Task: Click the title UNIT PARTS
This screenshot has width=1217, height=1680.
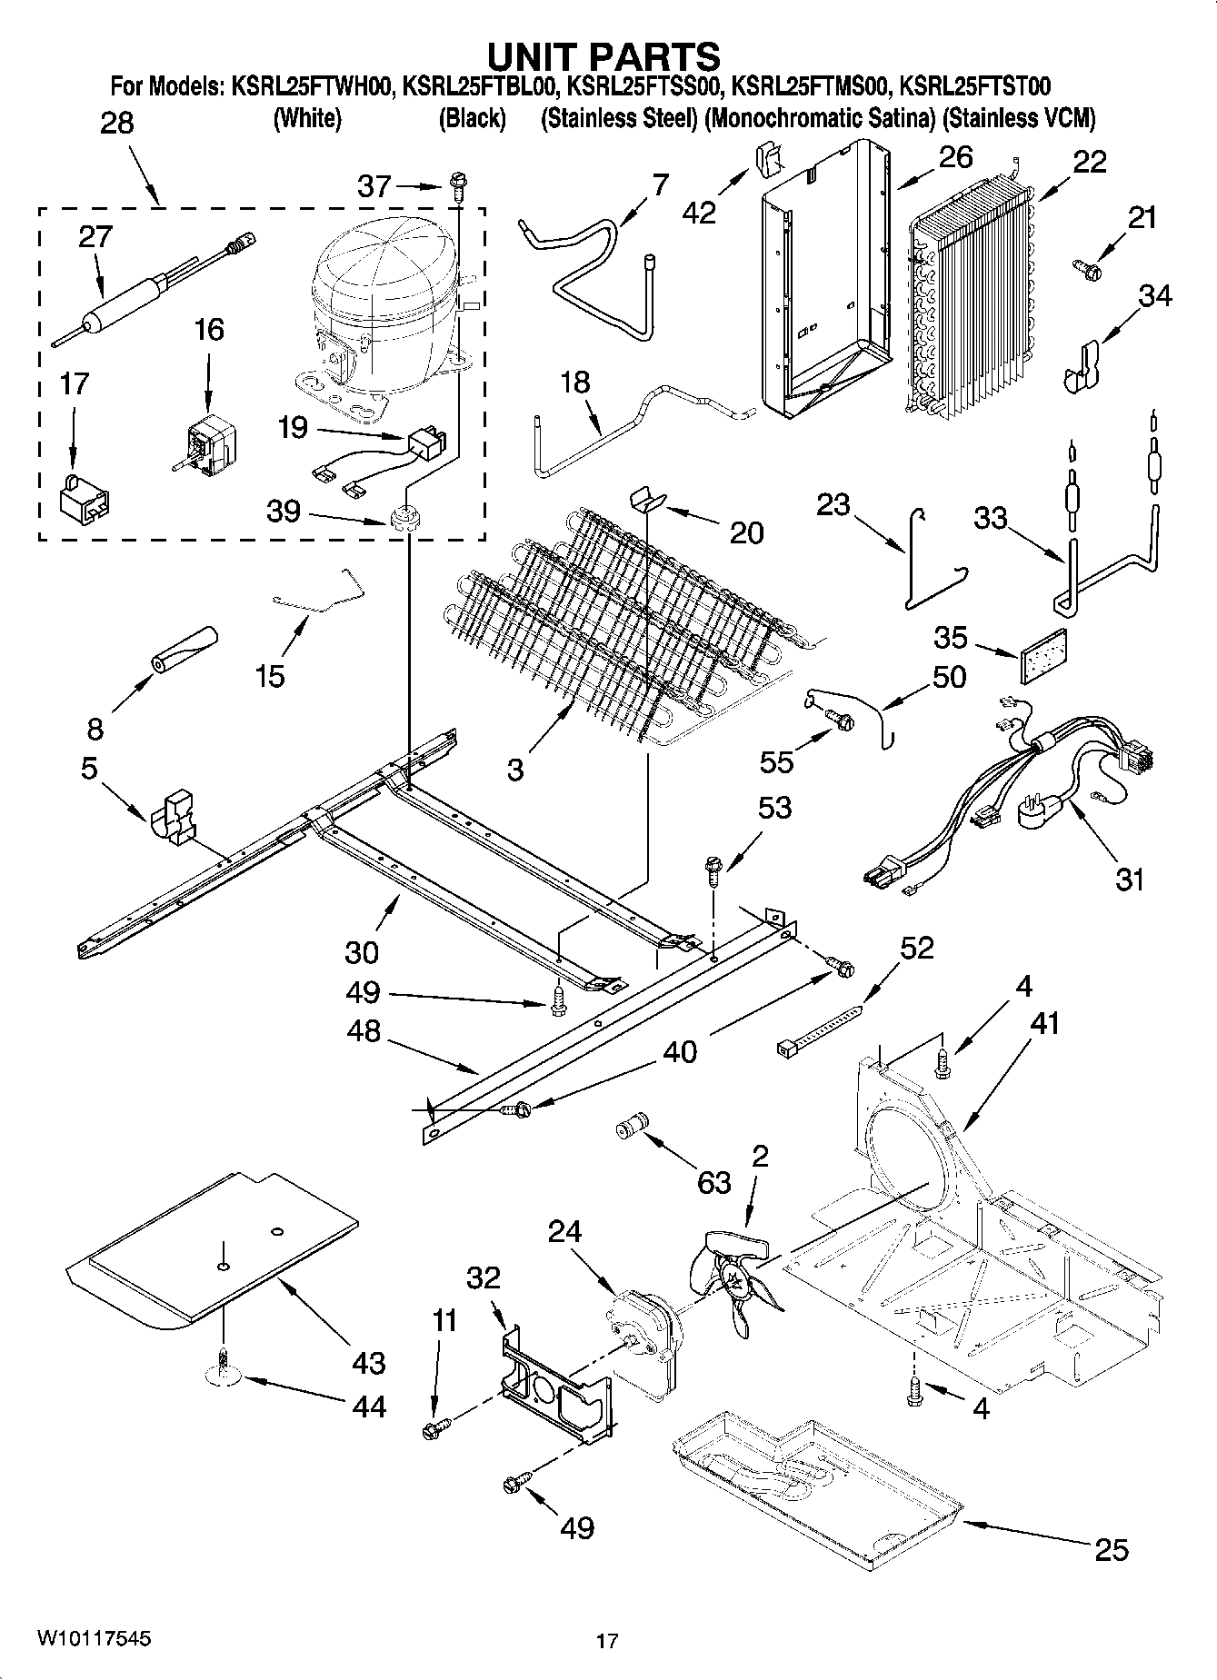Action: tap(604, 56)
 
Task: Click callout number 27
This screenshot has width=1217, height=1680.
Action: tap(95, 236)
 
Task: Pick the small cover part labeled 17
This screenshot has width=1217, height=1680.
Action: tap(84, 501)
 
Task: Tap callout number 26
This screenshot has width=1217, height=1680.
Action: tap(955, 157)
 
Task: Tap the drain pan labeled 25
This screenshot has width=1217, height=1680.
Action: tap(818, 1490)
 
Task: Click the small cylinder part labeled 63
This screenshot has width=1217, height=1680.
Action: tap(629, 1128)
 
